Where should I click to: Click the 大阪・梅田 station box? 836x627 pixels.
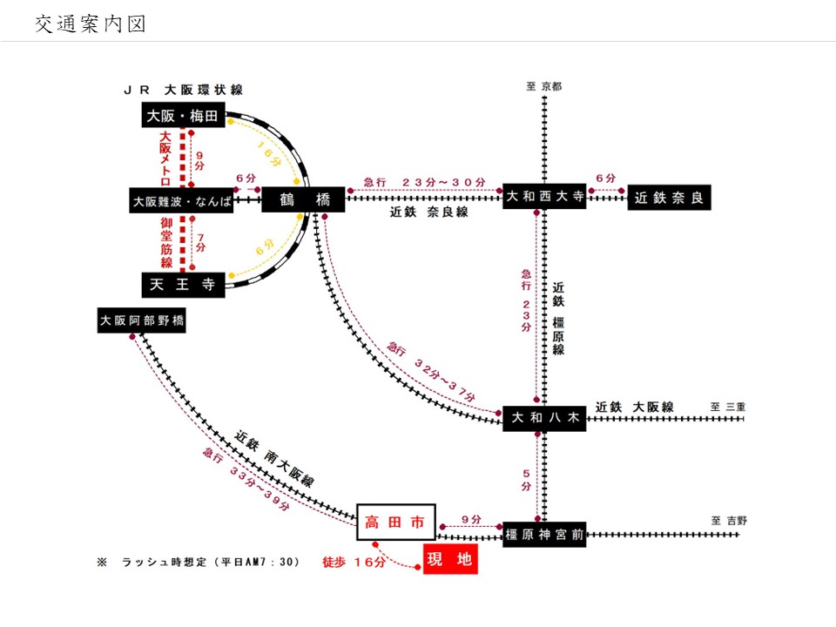click(x=183, y=115)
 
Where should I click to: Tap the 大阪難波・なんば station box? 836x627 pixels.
click(x=183, y=200)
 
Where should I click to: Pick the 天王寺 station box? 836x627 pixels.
click(x=183, y=285)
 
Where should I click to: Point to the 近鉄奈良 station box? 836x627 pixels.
click(x=669, y=198)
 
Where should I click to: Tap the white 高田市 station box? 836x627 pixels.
click(x=395, y=522)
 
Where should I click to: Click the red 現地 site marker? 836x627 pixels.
click(x=451, y=559)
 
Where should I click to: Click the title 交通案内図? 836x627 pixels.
click(x=90, y=24)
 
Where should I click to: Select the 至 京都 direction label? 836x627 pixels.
click(x=544, y=86)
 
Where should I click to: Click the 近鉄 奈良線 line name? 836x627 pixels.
click(x=429, y=212)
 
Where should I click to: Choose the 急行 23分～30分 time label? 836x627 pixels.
click(x=424, y=181)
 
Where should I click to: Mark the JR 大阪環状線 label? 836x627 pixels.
click(x=183, y=90)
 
